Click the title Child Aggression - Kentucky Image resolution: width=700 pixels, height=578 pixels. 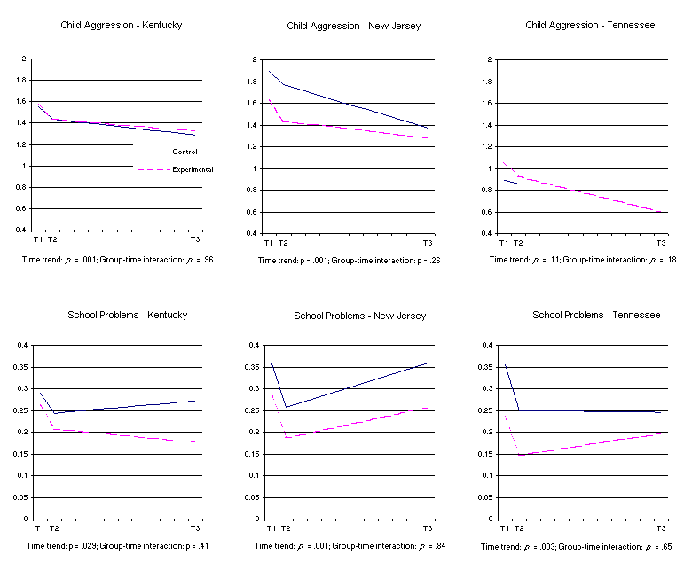click(121, 25)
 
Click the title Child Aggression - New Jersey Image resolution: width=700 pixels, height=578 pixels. click(353, 26)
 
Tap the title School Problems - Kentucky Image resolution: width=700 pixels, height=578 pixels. click(128, 315)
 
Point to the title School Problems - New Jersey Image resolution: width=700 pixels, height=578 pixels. click(359, 316)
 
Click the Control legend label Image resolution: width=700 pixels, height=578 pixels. click(185, 152)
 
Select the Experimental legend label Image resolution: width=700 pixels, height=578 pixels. click(193, 168)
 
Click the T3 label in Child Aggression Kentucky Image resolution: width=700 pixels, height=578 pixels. click(194, 240)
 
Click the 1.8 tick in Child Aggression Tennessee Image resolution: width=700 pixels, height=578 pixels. click(487, 82)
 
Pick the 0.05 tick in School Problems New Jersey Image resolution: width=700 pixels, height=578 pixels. click(253, 497)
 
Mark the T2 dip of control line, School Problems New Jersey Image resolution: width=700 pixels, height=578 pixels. click(286, 407)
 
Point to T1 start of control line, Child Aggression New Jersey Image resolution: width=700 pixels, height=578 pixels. click(269, 71)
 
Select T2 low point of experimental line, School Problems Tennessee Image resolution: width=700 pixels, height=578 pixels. click(520, 455)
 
